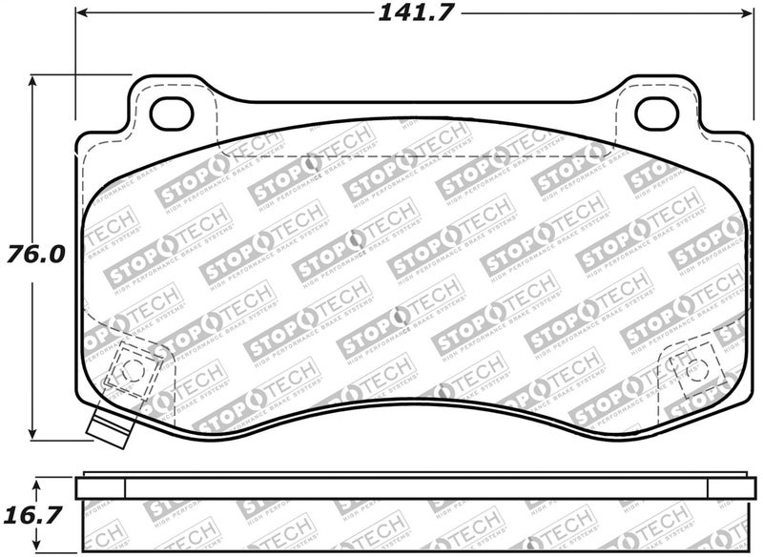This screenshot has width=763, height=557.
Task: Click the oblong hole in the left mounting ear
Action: [173, 113]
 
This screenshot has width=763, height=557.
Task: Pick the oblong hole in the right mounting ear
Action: [655, 113]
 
